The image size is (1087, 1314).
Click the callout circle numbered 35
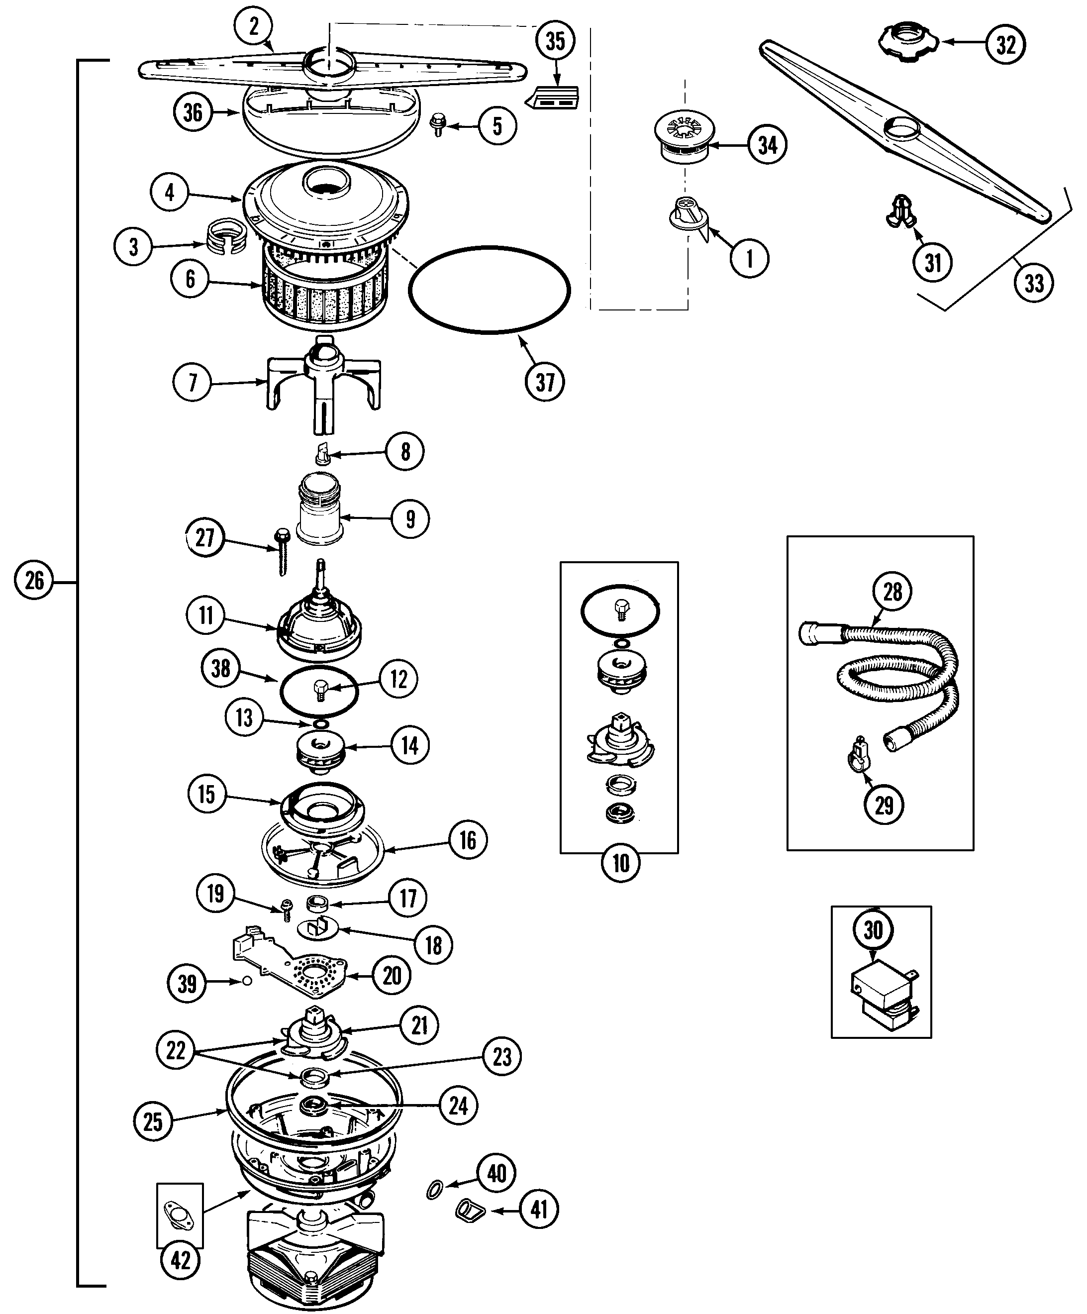click(555, 41)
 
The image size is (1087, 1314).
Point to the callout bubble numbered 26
click(34, 581)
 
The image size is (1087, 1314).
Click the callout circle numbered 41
click(538, 1208)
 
